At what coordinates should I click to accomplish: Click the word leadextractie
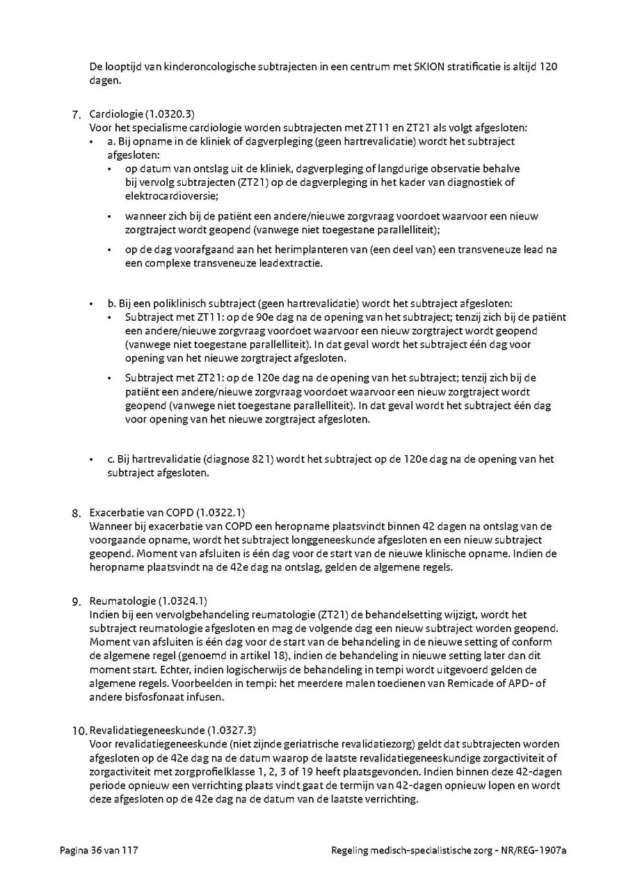click(293, 263)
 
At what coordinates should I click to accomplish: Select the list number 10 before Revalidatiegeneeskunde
click(78, 731)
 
